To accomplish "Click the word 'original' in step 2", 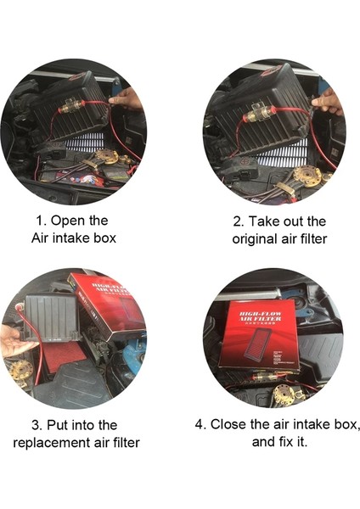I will pyautogui.click(x=257, y=238).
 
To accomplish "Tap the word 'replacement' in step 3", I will pyautogui.click(x=53, y=442).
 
